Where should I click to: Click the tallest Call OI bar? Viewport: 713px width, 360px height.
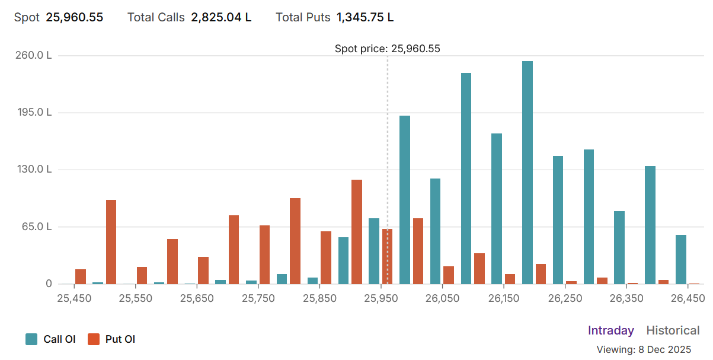click(527, 172)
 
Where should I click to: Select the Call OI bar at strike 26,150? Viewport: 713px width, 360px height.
click(497, 208)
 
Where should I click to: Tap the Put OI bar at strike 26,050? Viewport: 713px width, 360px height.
click(449, 275)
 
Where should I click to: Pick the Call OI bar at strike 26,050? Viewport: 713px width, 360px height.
click(435, 231)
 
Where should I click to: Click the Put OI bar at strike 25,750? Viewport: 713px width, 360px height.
click(264, 254)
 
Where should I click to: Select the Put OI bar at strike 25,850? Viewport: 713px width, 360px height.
click(326, 257)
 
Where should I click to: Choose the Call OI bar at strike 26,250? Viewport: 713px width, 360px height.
click(558, 219)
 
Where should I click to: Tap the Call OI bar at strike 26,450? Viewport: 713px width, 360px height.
click(680, 259)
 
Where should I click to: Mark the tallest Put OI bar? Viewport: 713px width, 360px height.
click(356, 231)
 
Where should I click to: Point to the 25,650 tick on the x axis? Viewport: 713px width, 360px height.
click(197, 298)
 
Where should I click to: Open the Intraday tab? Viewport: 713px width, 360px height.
click(610, 330)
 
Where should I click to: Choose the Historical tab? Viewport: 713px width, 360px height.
click(673, 330)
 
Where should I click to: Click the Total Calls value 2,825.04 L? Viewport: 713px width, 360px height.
click(220, 17)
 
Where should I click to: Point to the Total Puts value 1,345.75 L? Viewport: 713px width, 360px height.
click(365, 17)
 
